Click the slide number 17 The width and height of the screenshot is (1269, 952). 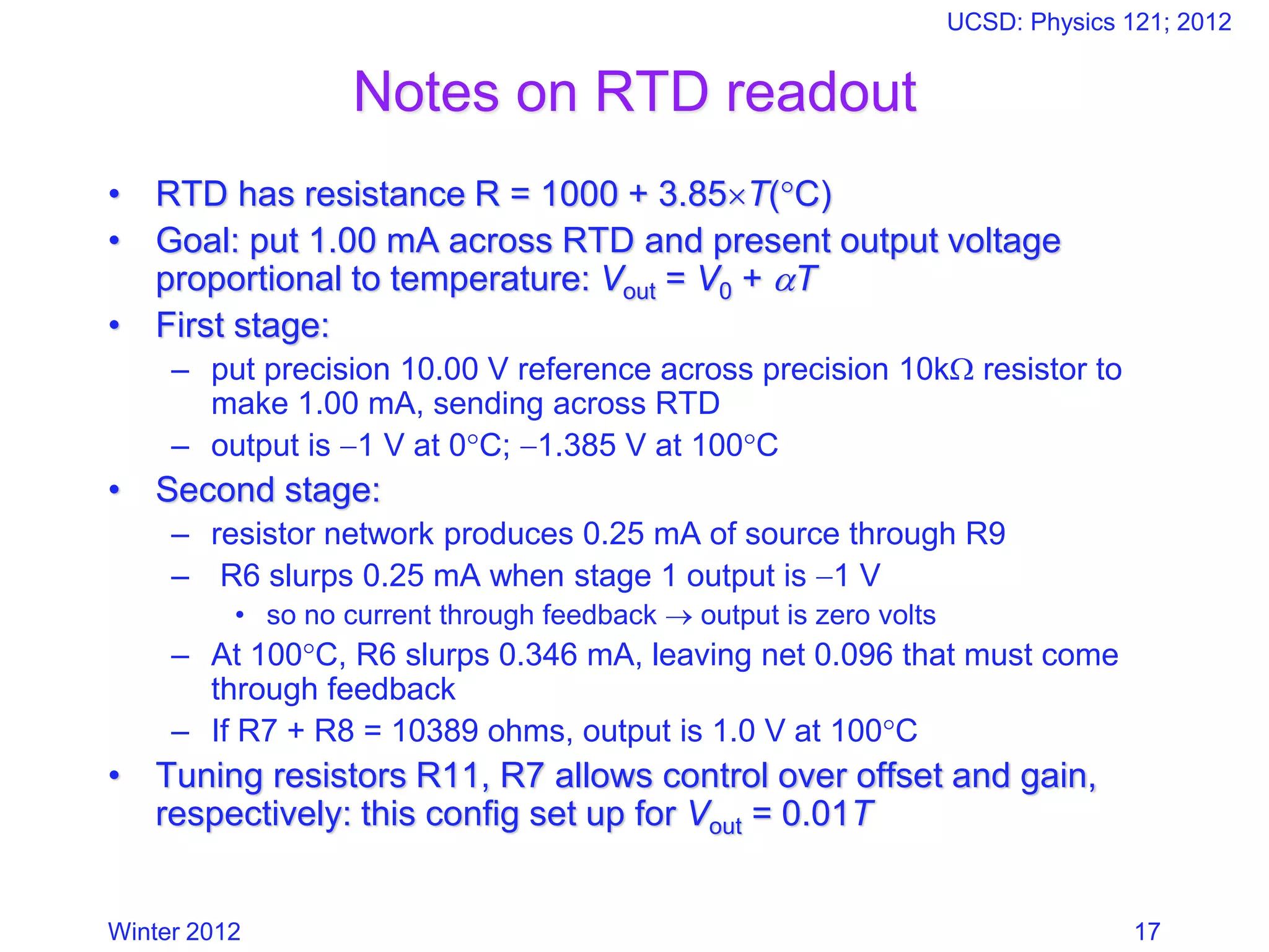(1147, 932)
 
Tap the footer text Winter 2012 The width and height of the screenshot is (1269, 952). (174, 932)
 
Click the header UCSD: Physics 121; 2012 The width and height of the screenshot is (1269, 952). (1089, 22)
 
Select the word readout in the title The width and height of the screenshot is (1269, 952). (822, 92)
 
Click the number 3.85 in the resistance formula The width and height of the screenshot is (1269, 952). (692, 194)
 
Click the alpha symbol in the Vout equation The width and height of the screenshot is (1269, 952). (785, 280)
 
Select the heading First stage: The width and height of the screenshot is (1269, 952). (242, 325)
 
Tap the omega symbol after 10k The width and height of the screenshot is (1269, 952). (961, 371)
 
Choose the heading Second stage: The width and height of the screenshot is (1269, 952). (268, 490)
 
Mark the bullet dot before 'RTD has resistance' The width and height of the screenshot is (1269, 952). (114, 195)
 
